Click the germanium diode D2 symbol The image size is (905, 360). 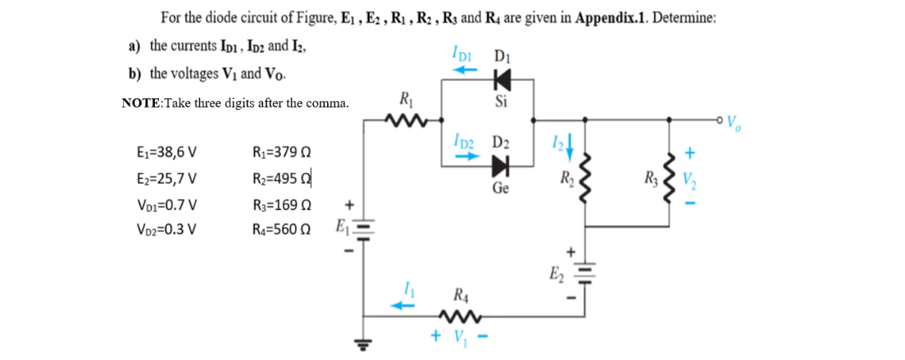pos(500,166)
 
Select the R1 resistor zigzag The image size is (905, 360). pos(405,124)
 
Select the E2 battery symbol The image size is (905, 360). pos(585,271)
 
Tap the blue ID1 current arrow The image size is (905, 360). pos(465,71)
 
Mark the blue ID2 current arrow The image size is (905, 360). pos(458,159)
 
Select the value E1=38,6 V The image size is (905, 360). pos(164,153)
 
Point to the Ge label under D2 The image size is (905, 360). pos(503,188)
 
